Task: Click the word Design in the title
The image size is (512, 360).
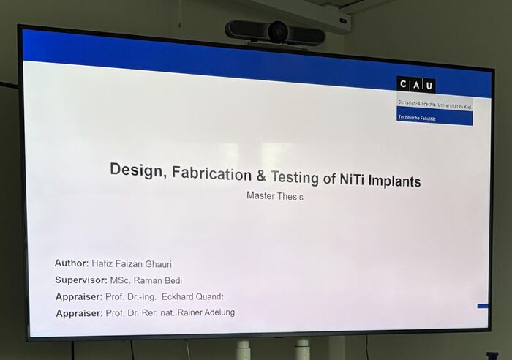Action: (x=136, y=170)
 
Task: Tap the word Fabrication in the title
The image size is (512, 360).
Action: (x=211, y=173)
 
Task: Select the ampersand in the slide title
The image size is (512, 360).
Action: (x=261, y=176)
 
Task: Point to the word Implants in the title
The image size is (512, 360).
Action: (x=394, y=181)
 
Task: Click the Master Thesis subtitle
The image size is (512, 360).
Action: (x=274, y=196)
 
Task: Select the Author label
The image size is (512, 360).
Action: (x=72, y=263)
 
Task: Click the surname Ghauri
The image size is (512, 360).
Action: (x=158, y=264)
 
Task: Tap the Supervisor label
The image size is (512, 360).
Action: (x=81, y=280)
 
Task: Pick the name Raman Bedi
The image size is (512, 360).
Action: (x=158, y=281)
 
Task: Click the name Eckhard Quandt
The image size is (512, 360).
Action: (x=192, y=296)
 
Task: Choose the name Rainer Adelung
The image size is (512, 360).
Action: (x=206, y=312)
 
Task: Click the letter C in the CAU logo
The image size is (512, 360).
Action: (x=404, y=85)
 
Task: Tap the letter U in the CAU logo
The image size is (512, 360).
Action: (x=429, y=86)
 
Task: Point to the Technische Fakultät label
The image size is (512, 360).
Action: (x=417, y=118)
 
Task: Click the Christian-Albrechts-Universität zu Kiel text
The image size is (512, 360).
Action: (x=434, y=105)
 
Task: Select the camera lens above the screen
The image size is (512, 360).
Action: (x=278, y=31)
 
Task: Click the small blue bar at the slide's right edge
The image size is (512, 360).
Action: (x=483, y=306)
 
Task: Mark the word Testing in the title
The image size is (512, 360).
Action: (x=295, y=177)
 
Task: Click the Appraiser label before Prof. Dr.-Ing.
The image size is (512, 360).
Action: (x=79, y=296)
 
